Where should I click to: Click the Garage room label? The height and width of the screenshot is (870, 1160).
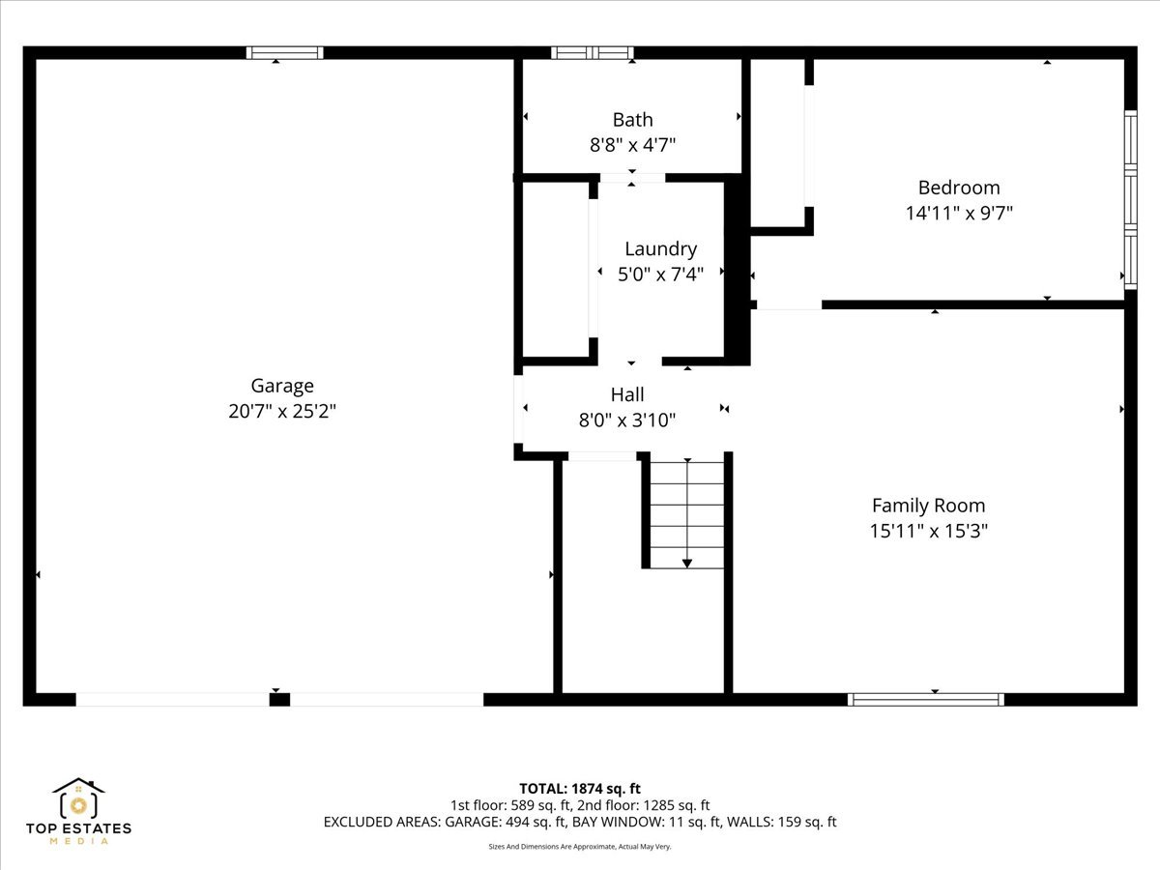tap(282, 386)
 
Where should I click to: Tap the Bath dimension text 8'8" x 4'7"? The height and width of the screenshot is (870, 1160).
tap(632, 145)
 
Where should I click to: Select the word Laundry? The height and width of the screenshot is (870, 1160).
tap(660, 249)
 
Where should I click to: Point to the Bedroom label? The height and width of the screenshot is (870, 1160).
tap(959, 188)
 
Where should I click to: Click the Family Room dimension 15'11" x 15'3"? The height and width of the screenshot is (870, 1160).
tap(929, 531)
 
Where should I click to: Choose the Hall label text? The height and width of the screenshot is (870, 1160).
tap(627, 394)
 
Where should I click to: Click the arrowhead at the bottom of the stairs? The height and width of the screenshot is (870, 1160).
tap(687, 564)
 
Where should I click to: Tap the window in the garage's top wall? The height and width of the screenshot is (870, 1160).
tap(284, 53)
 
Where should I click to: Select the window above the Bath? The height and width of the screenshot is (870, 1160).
tap(593, 53)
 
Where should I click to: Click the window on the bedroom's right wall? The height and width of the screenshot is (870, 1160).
tap(1130, 200)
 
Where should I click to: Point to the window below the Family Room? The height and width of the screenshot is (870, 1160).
tap(925, 699)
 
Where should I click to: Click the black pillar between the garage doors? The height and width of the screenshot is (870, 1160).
tap(279, 700)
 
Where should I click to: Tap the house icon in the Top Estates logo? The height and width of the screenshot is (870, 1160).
tap(78, 797)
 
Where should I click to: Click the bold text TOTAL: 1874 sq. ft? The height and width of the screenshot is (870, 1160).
tap(580, 789)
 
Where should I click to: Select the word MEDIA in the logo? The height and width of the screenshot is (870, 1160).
tap(78, 841)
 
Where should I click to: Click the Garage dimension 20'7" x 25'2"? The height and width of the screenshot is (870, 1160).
tap(282, 411)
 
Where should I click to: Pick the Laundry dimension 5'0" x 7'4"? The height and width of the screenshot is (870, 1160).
tap(660, 275)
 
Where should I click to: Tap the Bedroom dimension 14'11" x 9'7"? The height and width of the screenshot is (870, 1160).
tap(959, 214)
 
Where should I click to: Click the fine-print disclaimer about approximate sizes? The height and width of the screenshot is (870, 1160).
tap(580, 847)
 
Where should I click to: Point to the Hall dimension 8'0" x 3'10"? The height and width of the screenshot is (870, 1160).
tap(627, 420)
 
